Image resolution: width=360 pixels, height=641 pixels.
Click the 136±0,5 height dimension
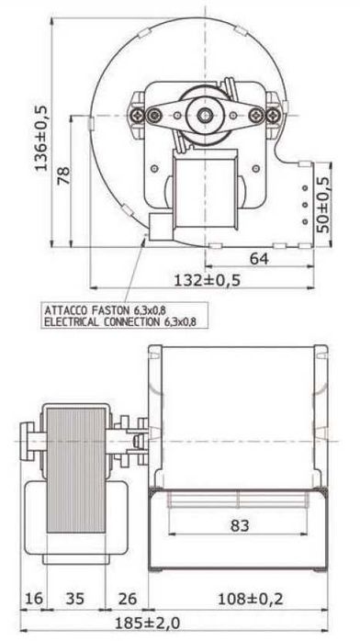[x=40, y=138]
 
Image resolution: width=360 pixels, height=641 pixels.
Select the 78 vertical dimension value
[x=63, y=175]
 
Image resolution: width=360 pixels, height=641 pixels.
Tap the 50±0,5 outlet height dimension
[x=324, y=205]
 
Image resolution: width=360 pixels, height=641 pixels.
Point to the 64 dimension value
[x=259, y=259]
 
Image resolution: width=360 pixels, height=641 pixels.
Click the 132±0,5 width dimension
[x=208, y=280]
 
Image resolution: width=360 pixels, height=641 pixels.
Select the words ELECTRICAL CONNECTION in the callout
[x=102, y=321]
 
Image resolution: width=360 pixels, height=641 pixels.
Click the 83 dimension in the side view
[x=240, y=525]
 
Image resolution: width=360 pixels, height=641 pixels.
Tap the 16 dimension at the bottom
[x=33, y=599]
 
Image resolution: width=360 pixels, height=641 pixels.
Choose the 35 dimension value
[x=75, y=599]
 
